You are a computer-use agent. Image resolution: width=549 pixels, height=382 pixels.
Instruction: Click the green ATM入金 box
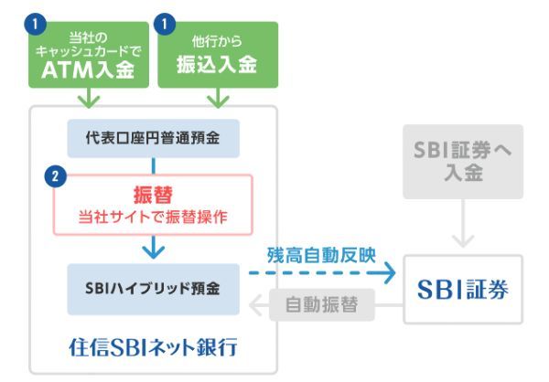coord(89,55)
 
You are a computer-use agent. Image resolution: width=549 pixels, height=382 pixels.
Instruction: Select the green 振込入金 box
coord(217,55)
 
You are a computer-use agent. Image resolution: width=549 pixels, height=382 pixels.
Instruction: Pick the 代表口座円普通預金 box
coord(153,138)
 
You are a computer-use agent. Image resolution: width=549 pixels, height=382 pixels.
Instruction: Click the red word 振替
coord(154,194)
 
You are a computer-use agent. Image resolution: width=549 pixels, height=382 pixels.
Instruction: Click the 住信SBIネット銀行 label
coord(153,349)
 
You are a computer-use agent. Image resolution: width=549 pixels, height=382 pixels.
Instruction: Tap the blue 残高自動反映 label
coord(321,254)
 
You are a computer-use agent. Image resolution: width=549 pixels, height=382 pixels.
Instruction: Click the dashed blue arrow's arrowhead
coord(389,271)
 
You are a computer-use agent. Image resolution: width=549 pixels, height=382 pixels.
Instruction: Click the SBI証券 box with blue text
coord(463,290)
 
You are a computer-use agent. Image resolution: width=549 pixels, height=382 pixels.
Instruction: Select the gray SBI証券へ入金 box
coord(463,161)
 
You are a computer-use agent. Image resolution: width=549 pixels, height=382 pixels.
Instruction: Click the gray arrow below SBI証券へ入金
coord(463,233)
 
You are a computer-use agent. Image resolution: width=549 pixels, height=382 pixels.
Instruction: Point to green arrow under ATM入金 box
coord(89,98)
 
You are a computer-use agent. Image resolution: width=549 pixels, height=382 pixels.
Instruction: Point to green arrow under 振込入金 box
coord(217,98)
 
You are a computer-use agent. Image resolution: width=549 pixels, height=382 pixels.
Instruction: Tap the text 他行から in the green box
coord(217,41)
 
